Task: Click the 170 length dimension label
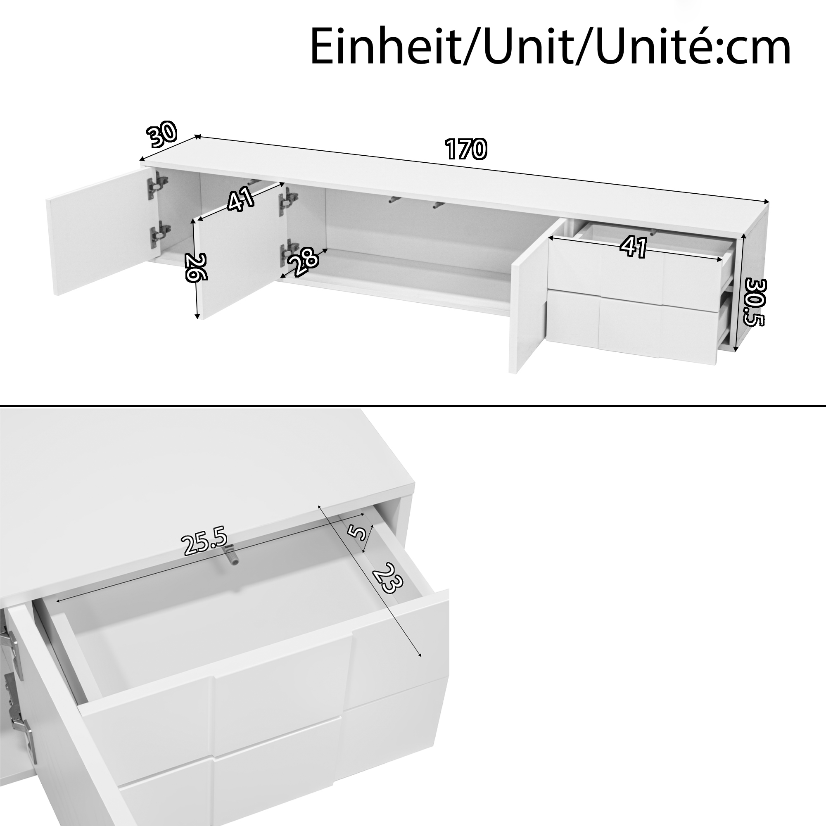click(x=465, y=149)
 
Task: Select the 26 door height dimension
click(x=196, y=267)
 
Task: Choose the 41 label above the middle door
click(x=241, y=199)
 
